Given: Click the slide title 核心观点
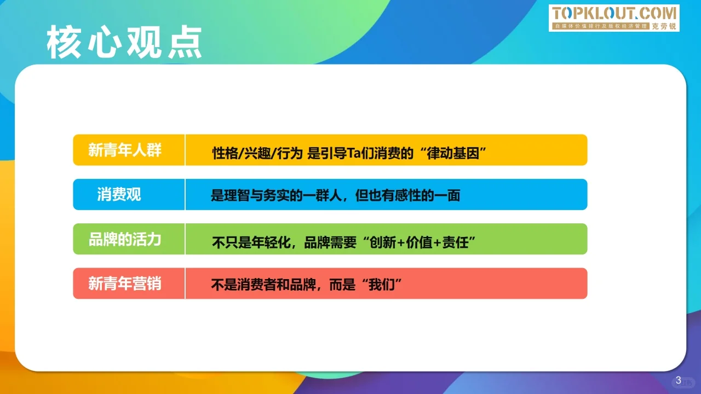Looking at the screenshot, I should [124, 43].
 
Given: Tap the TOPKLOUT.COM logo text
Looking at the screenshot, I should [614, 14].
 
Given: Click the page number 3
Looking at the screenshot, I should [679, 380].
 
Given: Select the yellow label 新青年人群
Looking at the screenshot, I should [125, 150].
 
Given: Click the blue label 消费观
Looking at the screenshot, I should [119, 194].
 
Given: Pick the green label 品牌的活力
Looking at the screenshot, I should [125, 239].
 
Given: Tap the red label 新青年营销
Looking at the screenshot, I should [125, 283].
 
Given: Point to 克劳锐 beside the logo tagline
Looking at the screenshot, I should [664, 26].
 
